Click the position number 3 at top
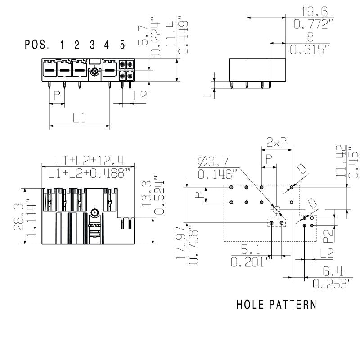[x=92, y=45]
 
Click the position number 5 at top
[x=122, y=45]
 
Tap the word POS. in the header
[x=37, y=45]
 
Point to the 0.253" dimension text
[x=332, y=284]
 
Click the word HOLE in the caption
[x=251, y=305]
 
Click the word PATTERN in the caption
[x=292, y=305]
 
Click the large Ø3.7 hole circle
[x=277, y=209]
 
